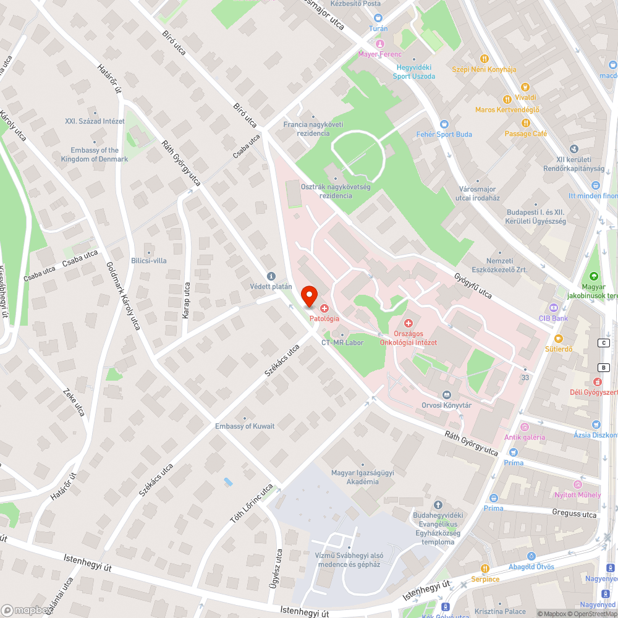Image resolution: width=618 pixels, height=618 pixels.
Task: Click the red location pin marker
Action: (x=308, y=296)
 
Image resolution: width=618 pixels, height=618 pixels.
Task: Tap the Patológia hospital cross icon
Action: (x=324, y=308)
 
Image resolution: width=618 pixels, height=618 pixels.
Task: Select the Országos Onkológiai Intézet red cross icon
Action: (x=408, y=323)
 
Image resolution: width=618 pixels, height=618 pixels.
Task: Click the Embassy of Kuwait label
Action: (x=245, y=426)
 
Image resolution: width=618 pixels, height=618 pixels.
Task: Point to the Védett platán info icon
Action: (x=270, y=276)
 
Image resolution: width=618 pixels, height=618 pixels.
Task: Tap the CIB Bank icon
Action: (x=553, y=308)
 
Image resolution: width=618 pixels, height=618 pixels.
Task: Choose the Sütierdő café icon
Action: (x=559, y=338)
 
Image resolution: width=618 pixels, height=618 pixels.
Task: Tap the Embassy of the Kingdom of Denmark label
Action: (x=95, y=154)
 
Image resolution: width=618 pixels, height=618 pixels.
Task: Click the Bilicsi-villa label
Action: (x=149, y=261)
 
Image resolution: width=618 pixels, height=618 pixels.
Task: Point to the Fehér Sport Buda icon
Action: (x=444, y=124)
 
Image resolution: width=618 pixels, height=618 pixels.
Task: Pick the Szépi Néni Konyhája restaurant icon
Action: (x=485, y=58)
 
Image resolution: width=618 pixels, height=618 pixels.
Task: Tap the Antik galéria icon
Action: (x=525, y=426)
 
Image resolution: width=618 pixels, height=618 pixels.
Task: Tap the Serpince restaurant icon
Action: (x=485, y=569)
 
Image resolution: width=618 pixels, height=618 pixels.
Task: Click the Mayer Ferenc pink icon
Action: (x=379, y=43)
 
